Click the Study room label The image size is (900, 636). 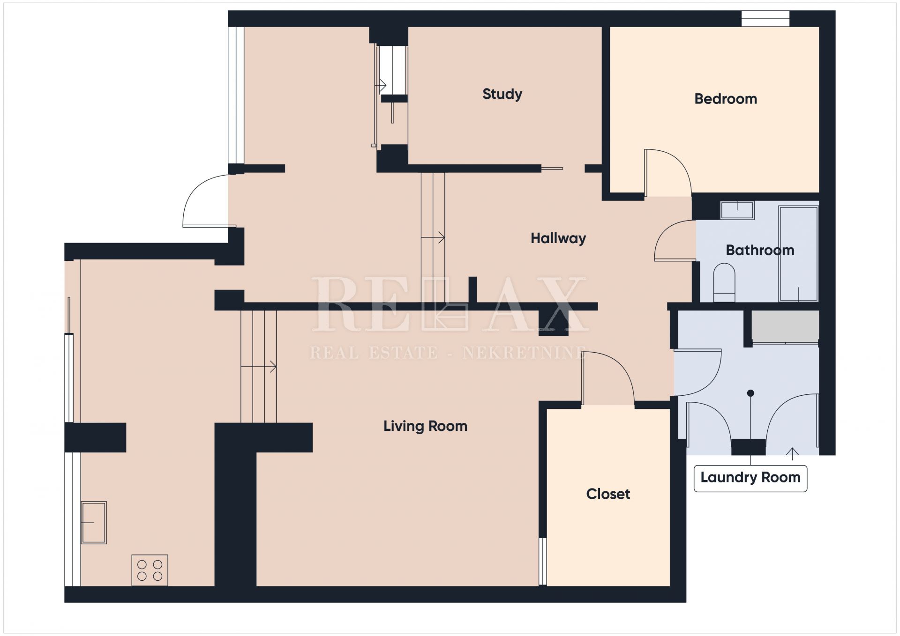[502, 94]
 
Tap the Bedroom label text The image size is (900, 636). [726, 99]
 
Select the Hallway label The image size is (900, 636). [558, 238]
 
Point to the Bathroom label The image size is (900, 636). [760, 250]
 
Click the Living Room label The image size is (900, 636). [425, 426]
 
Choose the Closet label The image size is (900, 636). [608, 494]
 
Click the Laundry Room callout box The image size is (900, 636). [750, 478]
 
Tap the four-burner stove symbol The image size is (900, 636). [150, 570]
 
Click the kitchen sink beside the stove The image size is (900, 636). [94, 522]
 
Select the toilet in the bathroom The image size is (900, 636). [724, 282]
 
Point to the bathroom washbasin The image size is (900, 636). [737, 210]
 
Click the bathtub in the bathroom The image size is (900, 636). [798, 253]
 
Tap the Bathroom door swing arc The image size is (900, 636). [666, 232]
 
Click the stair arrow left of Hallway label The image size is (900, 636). [433, 238]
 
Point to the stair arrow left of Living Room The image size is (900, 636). [258, 366]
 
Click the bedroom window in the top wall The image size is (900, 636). [765, 19]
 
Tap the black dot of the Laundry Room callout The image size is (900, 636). [750, 393]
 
